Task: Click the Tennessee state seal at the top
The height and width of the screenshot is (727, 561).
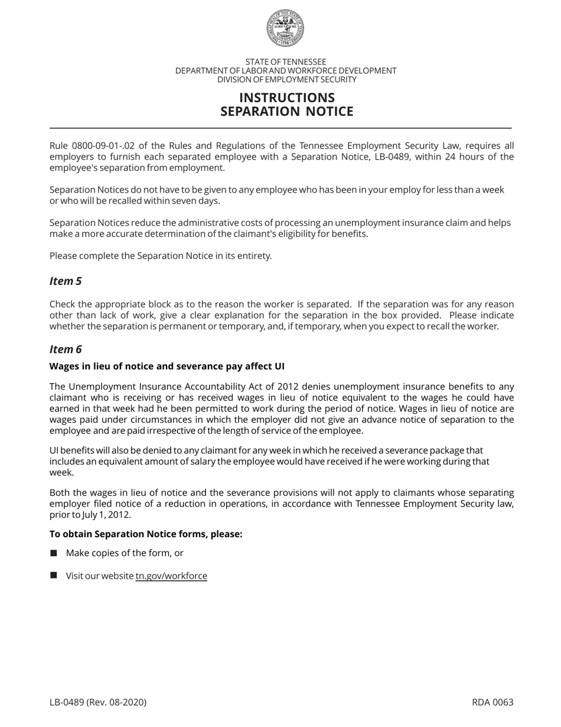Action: pyautogui.click(x=285, y=28)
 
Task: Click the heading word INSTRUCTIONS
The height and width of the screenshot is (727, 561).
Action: pyautogui.click(x=286, y=98)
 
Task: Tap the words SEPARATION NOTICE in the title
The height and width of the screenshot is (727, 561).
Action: pyautogui.click(x=286, y=111)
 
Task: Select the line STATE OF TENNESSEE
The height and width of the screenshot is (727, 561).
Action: pyautogui.click(x=285, y=61)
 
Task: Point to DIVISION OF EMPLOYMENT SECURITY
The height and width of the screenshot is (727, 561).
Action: pyautogui.click(x=286, y=79)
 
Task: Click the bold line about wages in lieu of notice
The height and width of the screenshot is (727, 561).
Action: pyautogui.click(x=167, y=366)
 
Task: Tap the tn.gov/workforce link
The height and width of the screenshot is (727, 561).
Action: pyautogui.click(x=171, y=576)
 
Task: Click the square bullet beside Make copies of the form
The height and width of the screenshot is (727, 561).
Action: pyautogui.click(x=54, y=553)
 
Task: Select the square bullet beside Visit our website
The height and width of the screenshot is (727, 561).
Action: pyautogui.click(x=54, y=575)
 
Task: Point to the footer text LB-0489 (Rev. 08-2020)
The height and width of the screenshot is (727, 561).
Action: pyautogui.click(x=98, y=702)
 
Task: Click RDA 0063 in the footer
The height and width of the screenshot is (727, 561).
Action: pyautogui.click(x=492, y=702)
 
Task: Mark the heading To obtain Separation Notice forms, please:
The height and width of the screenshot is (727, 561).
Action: pyautogui.click(x=146, y=534)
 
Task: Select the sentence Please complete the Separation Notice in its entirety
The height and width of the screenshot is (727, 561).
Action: pyautogui.click(x=161, y=256)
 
